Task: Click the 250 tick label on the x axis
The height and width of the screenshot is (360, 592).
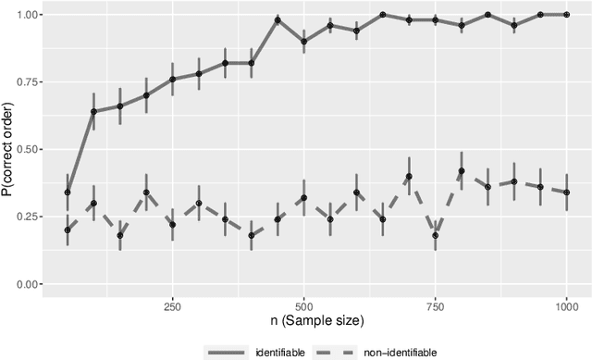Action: pyautogui.click(x=172, y=304)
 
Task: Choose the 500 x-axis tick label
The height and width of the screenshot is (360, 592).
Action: pyautogui.click(x=303, y=304)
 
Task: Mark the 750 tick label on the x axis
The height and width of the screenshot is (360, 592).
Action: pyautogui.click(x=435, y=304)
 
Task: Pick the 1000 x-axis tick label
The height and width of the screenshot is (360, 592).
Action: pyautogui.click(x=566, y=304)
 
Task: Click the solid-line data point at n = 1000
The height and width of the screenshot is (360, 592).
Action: pyautogui.click(x=566, y=15)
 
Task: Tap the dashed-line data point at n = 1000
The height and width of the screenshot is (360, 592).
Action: pyautogui.click(x=566, y=192)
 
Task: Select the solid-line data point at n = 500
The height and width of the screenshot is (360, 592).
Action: pyautogui.click(x=303, y=42)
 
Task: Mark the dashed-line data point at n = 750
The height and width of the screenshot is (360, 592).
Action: pyautogui.click(x=435, y=235)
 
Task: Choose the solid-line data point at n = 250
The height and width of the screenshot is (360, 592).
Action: pyautogui.click(x=172, y=80)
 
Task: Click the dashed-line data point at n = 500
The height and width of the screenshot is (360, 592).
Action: pyautogui.click(x=303, y=197)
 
